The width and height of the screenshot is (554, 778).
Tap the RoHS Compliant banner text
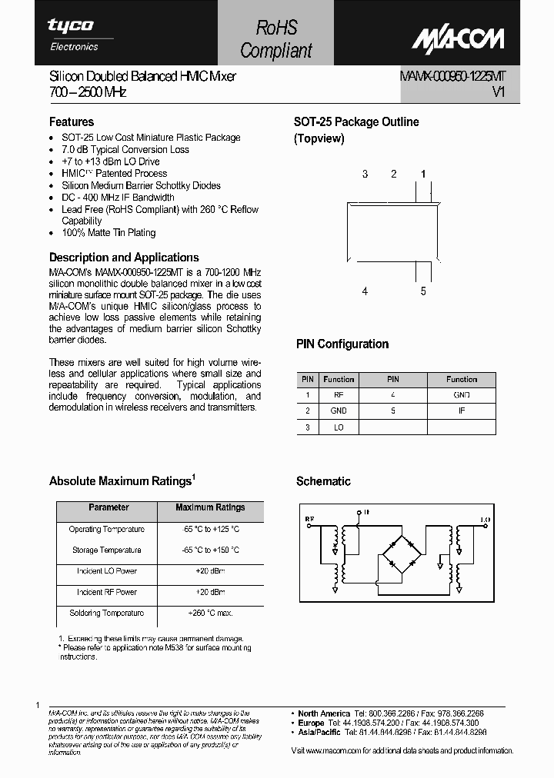[x=276, y=39]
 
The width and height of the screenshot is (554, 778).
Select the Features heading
[x=72, y=121]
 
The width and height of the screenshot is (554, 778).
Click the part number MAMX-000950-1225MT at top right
[x=452, y=76]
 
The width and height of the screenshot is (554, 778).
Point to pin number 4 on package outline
[x=365, y=291]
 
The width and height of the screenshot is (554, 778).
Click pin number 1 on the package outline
[x=422, y=174]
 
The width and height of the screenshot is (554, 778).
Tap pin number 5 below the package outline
[x=422, y=291]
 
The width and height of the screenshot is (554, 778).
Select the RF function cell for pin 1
[x=339, y=394]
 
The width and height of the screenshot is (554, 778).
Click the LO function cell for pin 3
[x=339, y=427]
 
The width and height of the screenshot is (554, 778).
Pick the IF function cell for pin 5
[x=462, y=411]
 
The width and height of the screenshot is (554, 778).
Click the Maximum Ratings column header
[x=210, y=507]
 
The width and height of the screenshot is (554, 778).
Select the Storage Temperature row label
[x=106, y=550]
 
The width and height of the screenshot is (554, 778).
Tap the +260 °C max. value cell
[x=210, y=613]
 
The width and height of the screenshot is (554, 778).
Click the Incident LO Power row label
[x=106, y=571]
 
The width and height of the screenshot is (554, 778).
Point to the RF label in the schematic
[x=309, y=520]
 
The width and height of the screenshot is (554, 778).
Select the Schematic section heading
[x=323, y=481]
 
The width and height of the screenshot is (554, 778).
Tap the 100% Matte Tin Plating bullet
[x=108, y=233]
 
